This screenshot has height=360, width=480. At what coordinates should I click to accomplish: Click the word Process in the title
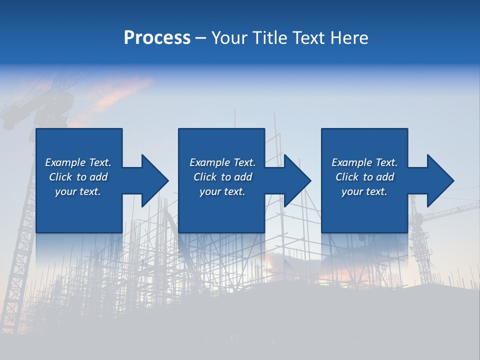pos(157,38)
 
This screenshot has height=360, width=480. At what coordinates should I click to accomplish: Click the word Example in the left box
pos(65,162)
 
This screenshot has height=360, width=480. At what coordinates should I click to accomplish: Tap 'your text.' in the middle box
pos(222,191)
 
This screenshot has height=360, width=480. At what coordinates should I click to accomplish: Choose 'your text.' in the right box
pos(364,191)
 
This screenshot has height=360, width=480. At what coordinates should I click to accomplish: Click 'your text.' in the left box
pos(77,191)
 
